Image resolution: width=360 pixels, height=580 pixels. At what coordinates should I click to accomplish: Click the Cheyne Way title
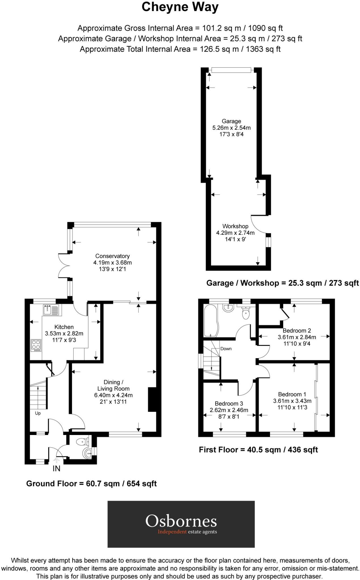180,7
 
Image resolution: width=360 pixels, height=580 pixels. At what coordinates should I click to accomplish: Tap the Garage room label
231,121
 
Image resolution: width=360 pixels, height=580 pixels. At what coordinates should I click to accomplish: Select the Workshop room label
235,226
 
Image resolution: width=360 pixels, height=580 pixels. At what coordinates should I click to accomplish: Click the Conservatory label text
112,256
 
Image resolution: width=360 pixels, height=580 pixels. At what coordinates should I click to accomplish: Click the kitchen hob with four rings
36,345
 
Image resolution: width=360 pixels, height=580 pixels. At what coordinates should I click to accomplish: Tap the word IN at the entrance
56,469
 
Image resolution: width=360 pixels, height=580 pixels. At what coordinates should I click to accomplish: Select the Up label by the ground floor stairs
38,413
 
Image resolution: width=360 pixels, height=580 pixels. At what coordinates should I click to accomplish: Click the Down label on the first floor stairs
226,349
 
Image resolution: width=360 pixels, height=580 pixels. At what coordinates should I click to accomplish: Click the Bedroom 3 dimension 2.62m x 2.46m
229,410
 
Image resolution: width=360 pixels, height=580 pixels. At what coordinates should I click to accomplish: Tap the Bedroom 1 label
292,394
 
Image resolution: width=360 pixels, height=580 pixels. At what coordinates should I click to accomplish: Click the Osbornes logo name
181,521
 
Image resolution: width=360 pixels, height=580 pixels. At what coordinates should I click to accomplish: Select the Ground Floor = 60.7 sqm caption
91,484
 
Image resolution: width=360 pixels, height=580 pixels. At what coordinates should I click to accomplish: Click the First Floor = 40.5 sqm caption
258,450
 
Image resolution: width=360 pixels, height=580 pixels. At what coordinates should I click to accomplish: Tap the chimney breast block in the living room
152,399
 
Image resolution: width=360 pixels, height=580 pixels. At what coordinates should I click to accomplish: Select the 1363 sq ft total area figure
263,49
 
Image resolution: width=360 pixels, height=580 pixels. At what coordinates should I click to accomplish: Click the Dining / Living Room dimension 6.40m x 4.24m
113,395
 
